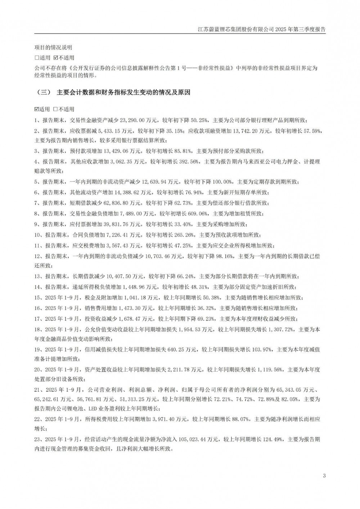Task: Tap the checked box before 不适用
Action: (x=56, y=58)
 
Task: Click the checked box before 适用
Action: (x=36, y=109)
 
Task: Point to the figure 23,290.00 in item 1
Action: (x=130, y=121)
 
